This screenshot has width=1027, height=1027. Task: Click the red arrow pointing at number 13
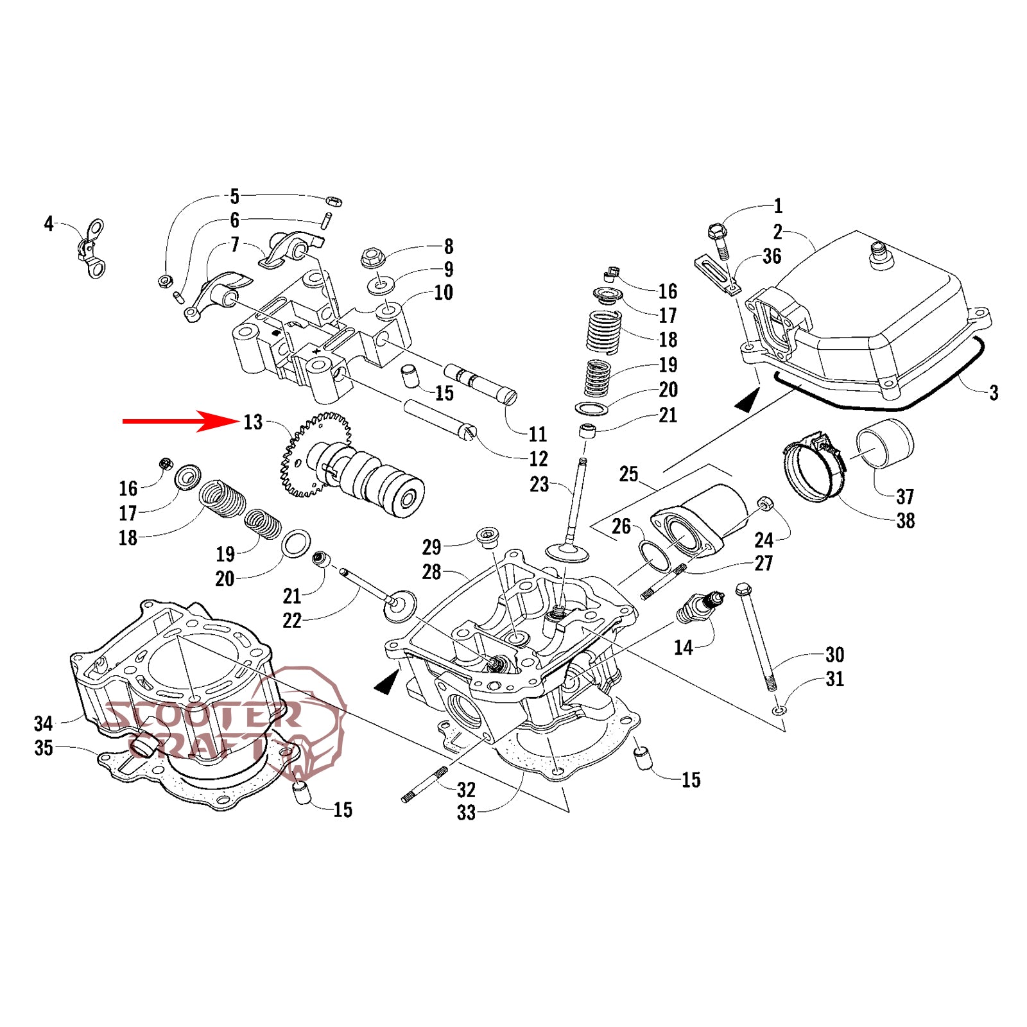[180, 421]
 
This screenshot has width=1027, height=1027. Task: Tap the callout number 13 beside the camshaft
[253, 422]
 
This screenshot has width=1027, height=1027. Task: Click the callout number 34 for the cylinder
[43, 723]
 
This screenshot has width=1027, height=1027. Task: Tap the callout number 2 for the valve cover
[777, 232]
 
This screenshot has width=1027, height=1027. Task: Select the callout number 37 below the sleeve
[904, 496]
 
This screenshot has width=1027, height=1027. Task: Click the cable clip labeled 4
[92, 249]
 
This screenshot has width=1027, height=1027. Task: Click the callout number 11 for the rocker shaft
[537, 435]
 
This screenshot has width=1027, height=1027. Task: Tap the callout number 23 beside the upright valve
[539, 484]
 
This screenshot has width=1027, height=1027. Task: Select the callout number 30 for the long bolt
[834, 655]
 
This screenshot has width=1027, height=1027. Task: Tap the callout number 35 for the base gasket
[43, 748]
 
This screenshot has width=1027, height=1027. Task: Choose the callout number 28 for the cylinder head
[431, 571]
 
